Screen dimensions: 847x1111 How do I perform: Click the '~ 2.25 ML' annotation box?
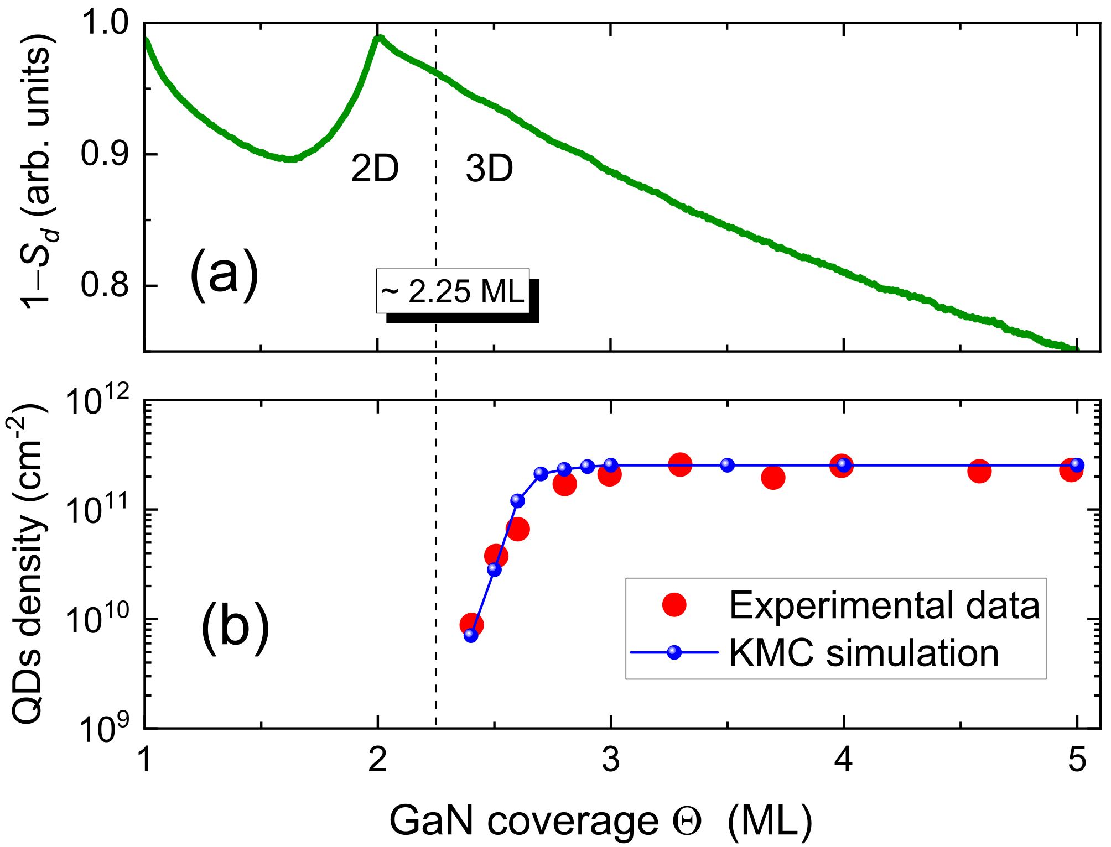[x=453, y=291]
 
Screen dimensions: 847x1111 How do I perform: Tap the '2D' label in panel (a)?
[x=375, y=169]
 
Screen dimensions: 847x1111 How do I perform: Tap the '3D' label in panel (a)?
[x=489, y=169]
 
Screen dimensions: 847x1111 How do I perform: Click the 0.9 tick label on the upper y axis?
[x=104, y=154]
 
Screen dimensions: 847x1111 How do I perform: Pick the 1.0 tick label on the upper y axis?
[x=104, y=23]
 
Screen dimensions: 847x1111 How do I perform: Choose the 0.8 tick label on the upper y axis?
[x=104, y=286]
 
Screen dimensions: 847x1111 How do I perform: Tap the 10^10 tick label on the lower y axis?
[x=97, y=618]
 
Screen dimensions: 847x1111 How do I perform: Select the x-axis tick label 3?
[x=610, y=760]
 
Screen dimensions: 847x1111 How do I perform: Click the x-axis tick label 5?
[x=1077, y=760]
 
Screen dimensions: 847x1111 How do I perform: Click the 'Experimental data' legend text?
[x=884, y=605]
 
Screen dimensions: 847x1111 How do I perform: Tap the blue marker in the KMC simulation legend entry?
[x=674, y=652]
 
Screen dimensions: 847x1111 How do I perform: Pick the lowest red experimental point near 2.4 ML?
[x=471, y=625]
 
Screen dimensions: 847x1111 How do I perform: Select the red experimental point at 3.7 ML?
[x=773, y=477]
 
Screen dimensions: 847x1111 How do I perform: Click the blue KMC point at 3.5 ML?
[x=727, y=466]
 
